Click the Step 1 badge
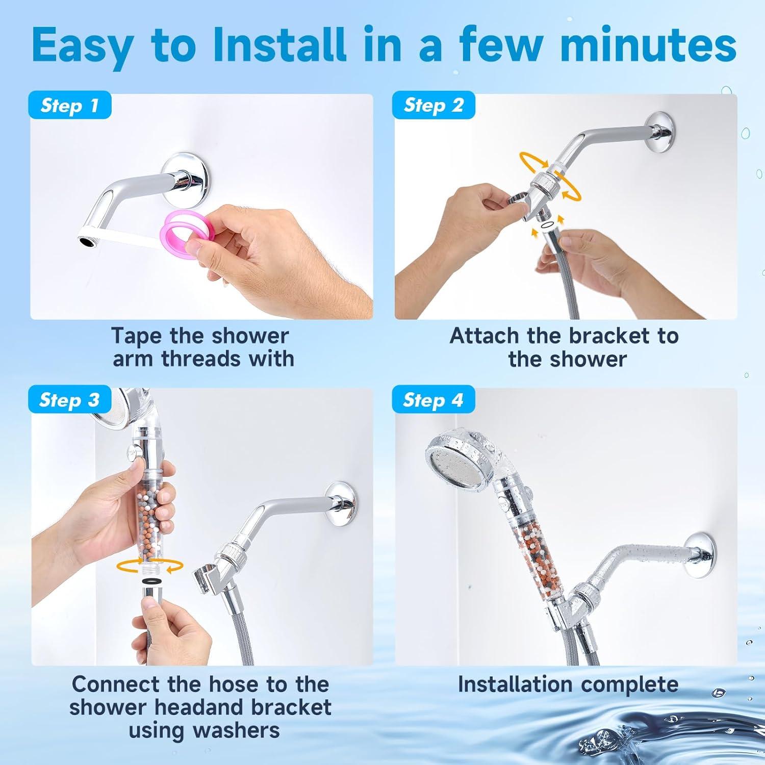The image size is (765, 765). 69,106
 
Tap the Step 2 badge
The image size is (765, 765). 433,105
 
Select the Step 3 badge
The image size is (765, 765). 69,400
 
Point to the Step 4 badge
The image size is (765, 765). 433,400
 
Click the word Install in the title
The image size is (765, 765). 279,45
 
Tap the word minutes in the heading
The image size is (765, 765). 648,45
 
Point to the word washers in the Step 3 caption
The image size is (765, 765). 237,730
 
